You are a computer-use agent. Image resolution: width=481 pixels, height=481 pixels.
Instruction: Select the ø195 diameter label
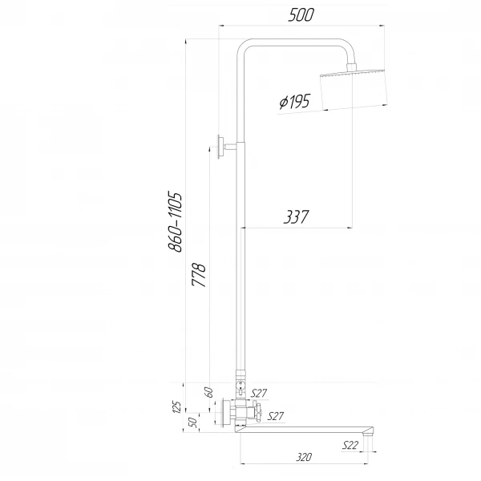click(294, 103)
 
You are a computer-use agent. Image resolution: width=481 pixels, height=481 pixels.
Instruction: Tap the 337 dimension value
click(296, 216)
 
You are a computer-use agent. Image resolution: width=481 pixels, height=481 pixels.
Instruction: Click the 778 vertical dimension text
click(201, 275)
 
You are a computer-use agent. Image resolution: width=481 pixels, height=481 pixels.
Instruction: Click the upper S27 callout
click(259, 393)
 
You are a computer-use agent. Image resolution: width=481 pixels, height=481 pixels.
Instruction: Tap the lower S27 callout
click(275, 415)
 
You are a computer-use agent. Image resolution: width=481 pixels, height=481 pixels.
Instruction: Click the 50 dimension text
click(192, 422)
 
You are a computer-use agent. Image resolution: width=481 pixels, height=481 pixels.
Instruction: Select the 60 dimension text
click(208, 392)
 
